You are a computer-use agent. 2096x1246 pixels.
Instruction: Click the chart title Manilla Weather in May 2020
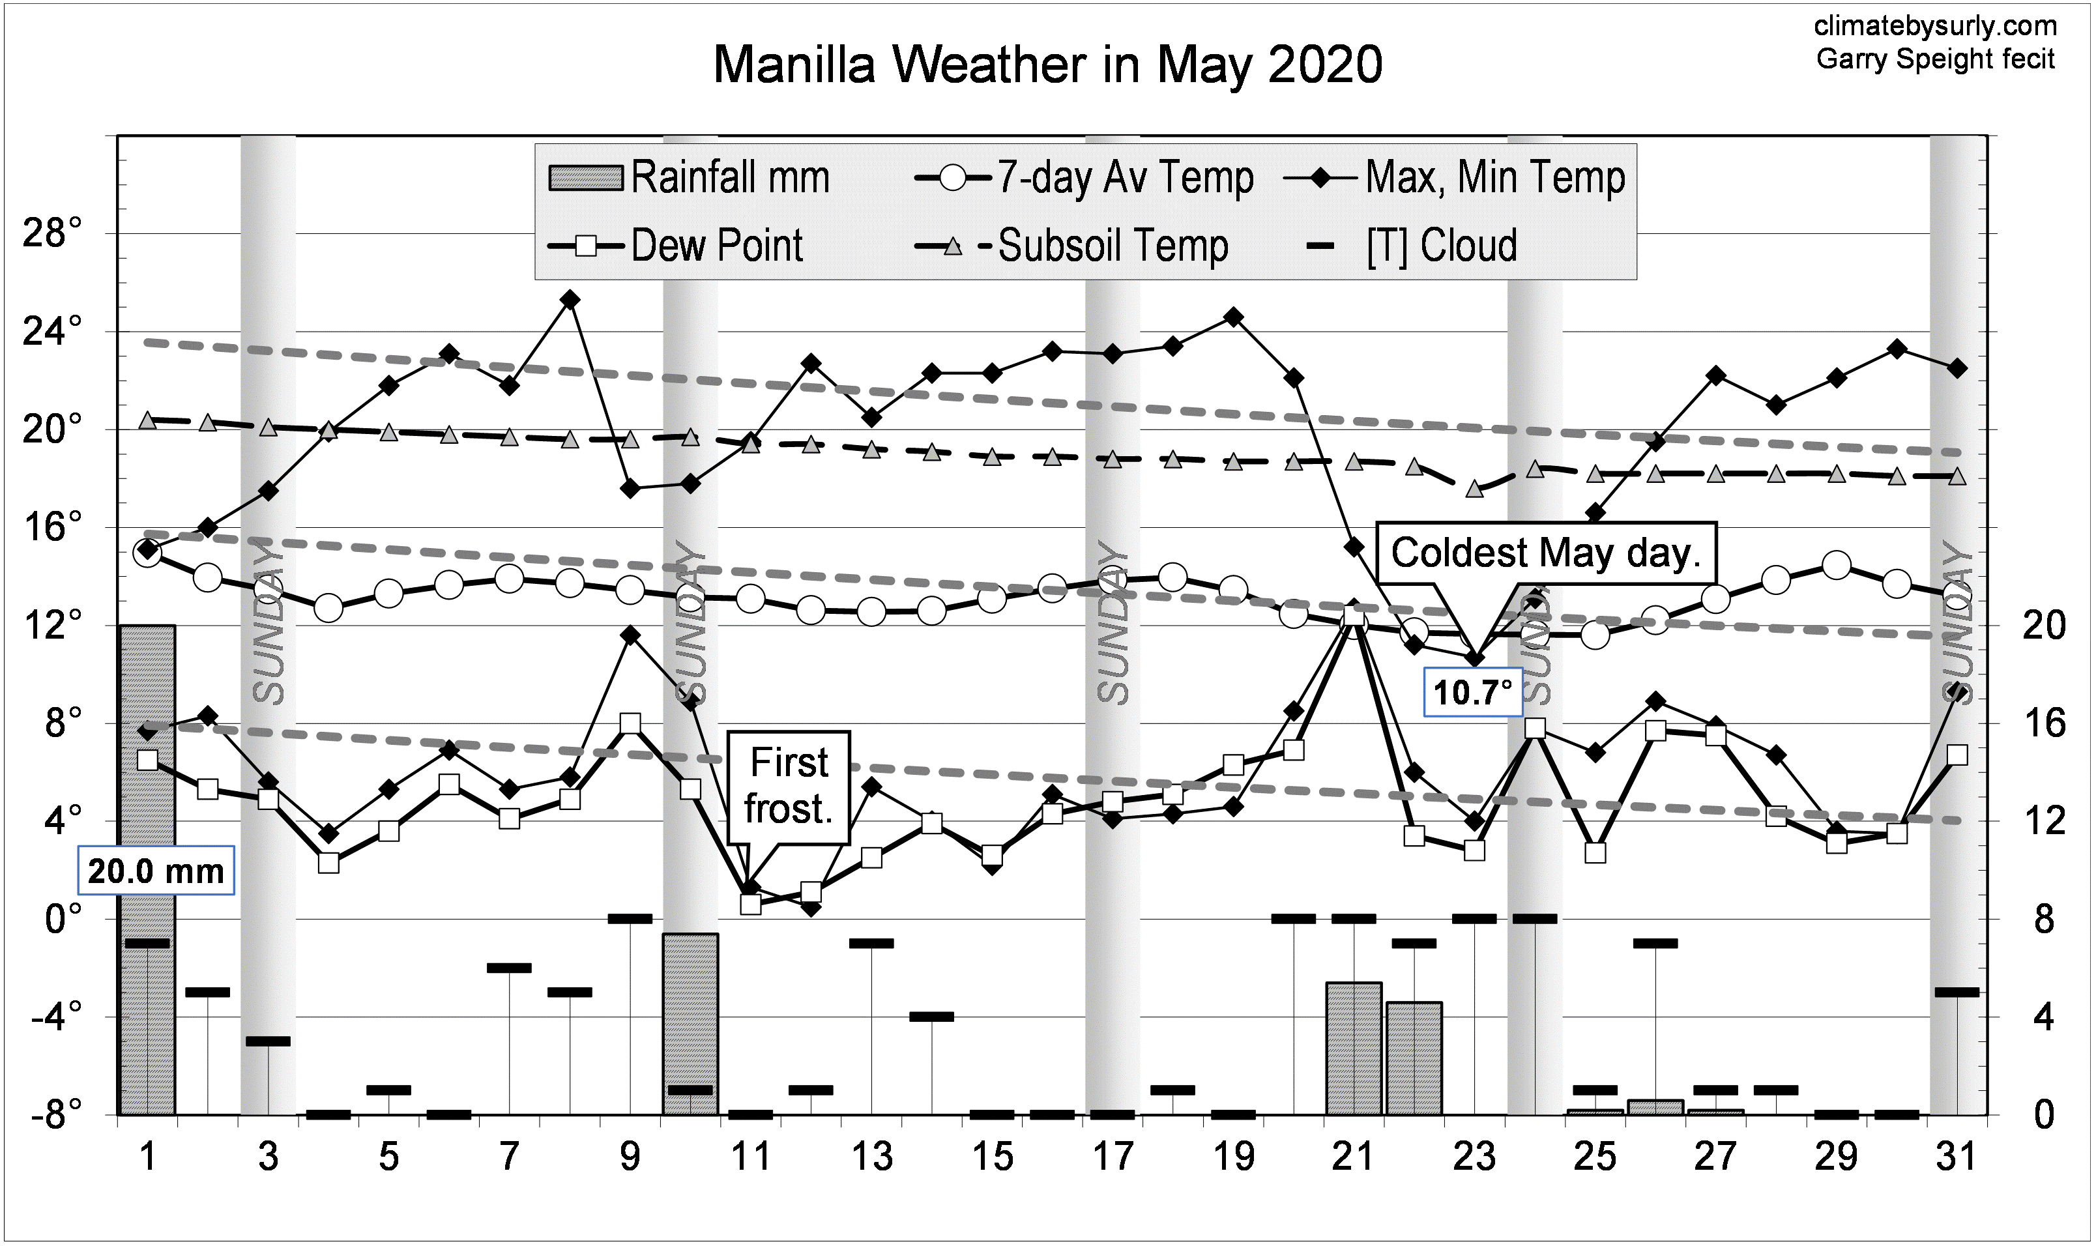[1047, 65]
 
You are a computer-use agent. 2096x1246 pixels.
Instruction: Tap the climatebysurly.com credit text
[1935, 26]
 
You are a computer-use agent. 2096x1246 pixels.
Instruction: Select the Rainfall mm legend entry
[689, 177]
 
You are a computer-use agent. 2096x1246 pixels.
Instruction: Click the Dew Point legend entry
[676, 246]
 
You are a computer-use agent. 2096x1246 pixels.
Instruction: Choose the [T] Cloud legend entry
[1414, 246]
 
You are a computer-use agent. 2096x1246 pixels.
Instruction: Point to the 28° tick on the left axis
[52, 233]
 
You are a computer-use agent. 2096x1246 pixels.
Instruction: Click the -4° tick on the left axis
[55, 1017]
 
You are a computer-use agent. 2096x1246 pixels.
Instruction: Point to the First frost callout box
[789, 787]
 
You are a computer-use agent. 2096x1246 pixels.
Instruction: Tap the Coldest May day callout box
[1545, 553]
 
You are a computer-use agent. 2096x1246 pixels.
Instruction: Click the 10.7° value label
[1473, 693]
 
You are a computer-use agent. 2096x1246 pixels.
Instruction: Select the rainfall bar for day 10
[690, 1024]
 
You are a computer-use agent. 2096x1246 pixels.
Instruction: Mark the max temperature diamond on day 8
[570, 300]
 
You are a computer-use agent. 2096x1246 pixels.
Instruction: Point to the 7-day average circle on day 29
[1837, 566]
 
